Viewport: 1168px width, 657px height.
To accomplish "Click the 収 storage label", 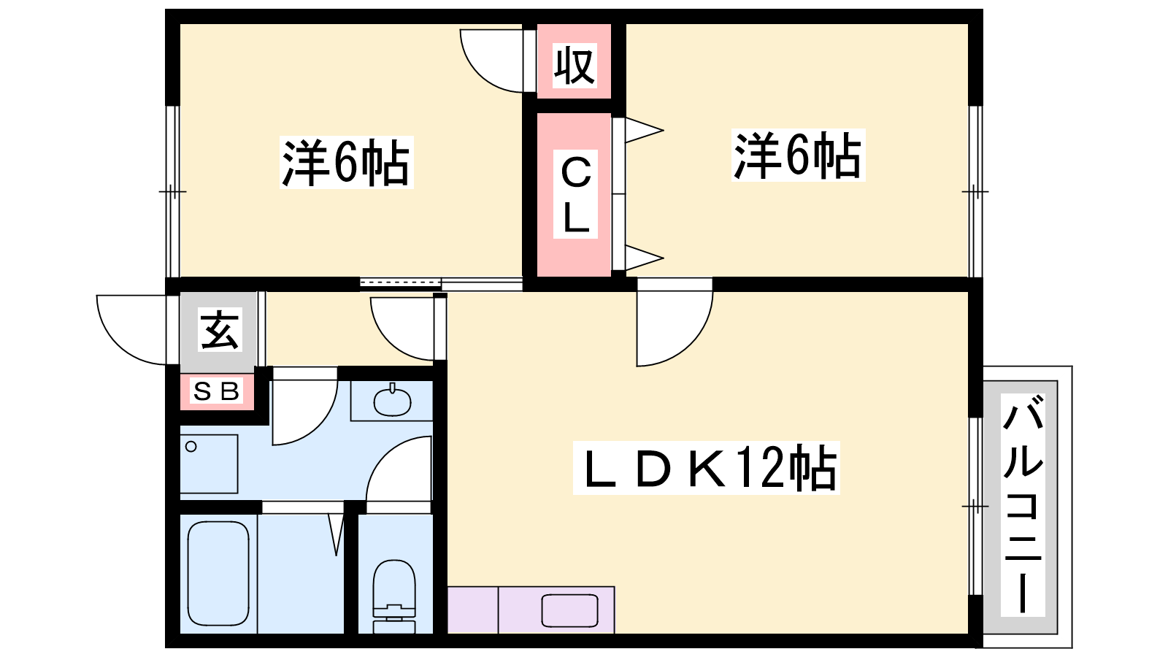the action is [x=574, y=66].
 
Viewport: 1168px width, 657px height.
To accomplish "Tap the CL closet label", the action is [x=575, y=194].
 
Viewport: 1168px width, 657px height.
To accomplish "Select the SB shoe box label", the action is [x=216, y=391].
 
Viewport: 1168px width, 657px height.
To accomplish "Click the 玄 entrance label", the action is [x=220, y=329].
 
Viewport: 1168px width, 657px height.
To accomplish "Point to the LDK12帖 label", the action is [x=706, y=468].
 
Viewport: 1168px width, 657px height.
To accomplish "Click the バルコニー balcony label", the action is [x=1023, y=504].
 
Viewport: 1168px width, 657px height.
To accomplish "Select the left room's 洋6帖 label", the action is [x=346, y=162].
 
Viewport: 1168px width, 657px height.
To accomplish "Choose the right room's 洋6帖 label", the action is [x=798, y=155].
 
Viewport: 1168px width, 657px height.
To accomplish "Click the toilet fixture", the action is [x=394, y=596].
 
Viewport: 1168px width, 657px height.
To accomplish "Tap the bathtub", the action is [x=218, y=574].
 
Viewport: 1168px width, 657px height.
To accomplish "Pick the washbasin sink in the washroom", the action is [x=393, y=401].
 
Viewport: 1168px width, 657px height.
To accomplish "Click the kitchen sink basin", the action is [x=569, y=610].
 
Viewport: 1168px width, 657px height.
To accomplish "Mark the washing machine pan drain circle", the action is [x=191, y=446].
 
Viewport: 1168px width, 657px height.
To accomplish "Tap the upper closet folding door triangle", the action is [x=645, y=130].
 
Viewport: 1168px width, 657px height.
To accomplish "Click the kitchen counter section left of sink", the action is [x=473, y=610].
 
